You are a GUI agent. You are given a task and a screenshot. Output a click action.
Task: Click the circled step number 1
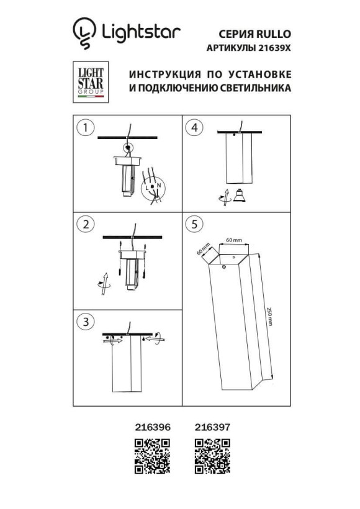point(85,128)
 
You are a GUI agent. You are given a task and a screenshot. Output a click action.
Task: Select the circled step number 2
point(85,223)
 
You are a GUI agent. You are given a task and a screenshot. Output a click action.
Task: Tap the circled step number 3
point(85,322)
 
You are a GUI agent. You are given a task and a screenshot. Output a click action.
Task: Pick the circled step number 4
point(194,128)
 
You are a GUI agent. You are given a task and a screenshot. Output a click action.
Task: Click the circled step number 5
point(194,225)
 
